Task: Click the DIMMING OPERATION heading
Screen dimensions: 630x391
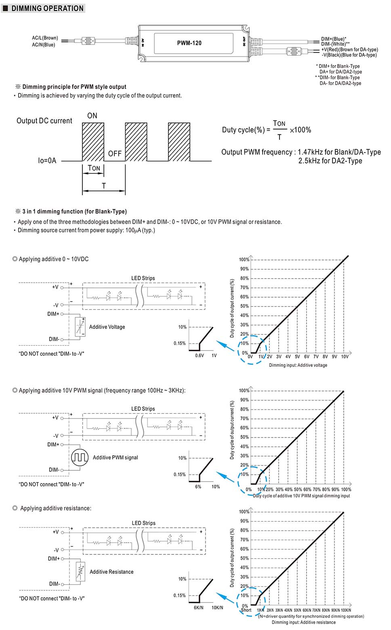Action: coord(47,8)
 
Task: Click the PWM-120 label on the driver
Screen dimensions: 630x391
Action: coord(189,43)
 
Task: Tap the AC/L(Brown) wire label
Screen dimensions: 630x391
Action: coord(45,38)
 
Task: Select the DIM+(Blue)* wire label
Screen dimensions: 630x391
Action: coord(334,39)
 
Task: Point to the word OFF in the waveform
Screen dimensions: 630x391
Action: coord(115,154)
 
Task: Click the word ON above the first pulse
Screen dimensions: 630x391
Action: coord(92,116)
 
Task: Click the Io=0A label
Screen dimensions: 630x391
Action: coord(47,161)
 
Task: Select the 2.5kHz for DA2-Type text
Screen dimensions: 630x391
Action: coord(330,161)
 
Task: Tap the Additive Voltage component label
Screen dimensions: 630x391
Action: coord(107,327)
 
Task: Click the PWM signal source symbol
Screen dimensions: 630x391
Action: coord(80,457)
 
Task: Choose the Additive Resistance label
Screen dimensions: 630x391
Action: coord(111,572)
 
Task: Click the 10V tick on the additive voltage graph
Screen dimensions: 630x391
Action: coord(345,357)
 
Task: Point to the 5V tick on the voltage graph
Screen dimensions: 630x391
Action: coord(297,357)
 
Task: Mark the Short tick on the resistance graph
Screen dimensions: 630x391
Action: coord(246,610)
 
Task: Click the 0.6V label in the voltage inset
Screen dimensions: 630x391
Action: coord(200,355)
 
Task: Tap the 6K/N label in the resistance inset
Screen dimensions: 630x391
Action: coord(198,607)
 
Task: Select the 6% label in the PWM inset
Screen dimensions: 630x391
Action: coord(198,486)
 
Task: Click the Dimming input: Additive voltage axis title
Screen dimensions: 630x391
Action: coord(298,365)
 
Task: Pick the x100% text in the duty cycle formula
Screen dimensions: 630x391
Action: coord(301,130)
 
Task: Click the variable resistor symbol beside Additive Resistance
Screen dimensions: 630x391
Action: coord(81,571)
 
